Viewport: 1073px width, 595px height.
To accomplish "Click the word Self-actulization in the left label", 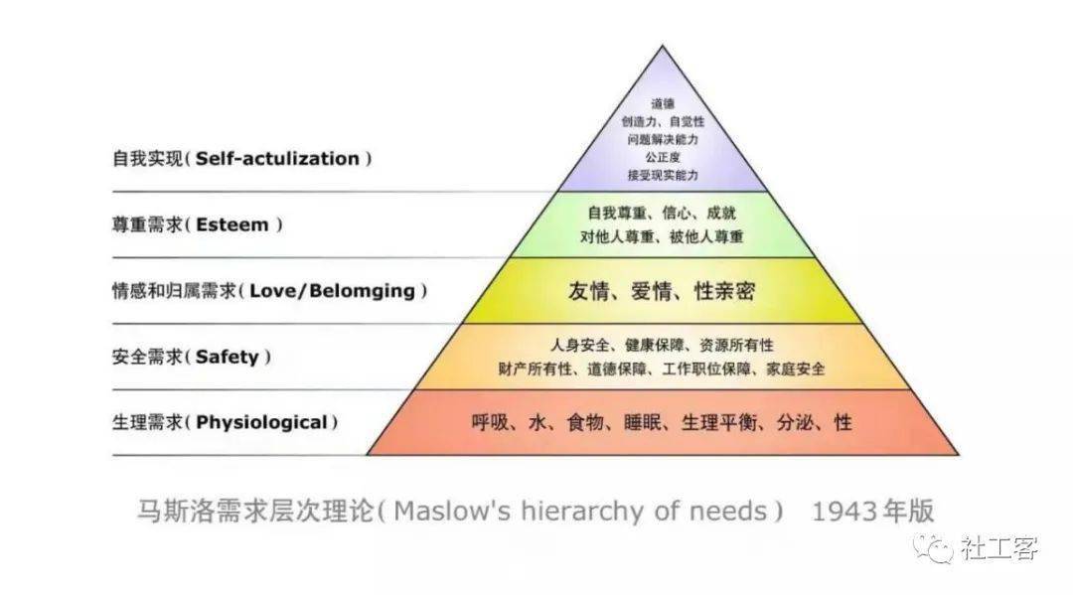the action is pos(277,159).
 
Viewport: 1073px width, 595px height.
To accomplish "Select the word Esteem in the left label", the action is pos(231,224).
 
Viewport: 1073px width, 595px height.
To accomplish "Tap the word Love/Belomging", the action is pos(332,291).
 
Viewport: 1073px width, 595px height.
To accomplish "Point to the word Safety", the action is pos(228,357).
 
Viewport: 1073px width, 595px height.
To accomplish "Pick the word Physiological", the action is pos(261,422).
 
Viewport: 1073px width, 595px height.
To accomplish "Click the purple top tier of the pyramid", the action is pos(663,137).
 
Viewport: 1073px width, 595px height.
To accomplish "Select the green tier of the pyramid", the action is pos(663,225).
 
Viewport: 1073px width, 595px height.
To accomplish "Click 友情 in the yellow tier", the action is pos(588,291).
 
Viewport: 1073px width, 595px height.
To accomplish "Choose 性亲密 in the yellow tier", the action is pos(724,291).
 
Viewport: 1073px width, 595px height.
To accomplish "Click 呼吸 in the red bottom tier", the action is pos(490,422).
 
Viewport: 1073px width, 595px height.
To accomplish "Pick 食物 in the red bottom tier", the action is pos(585,422).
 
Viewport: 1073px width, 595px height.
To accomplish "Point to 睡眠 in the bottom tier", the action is pos(643,422).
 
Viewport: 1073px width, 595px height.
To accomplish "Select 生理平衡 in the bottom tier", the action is pos(719,422).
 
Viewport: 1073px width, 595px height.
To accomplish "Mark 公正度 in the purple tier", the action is pos(663,157).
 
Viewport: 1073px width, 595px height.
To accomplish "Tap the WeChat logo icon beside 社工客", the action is pos(935,547).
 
